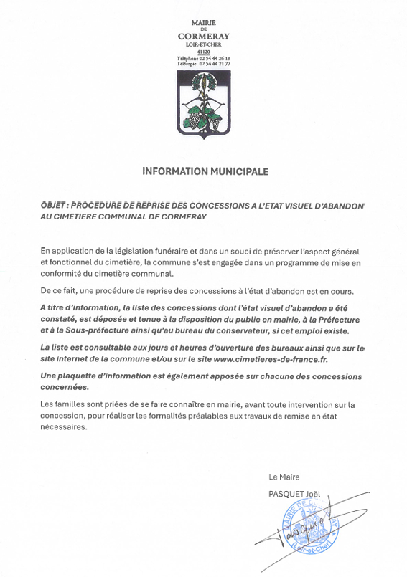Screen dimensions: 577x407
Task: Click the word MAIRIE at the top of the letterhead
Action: tap(203, 23)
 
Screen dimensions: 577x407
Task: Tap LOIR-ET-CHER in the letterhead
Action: tap(203, 44)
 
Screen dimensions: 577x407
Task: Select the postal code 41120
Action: tap(203, 51)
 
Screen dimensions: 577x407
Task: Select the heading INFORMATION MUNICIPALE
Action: tap(205, 172)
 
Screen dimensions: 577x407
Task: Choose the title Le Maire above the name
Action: tap(284, 477)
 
